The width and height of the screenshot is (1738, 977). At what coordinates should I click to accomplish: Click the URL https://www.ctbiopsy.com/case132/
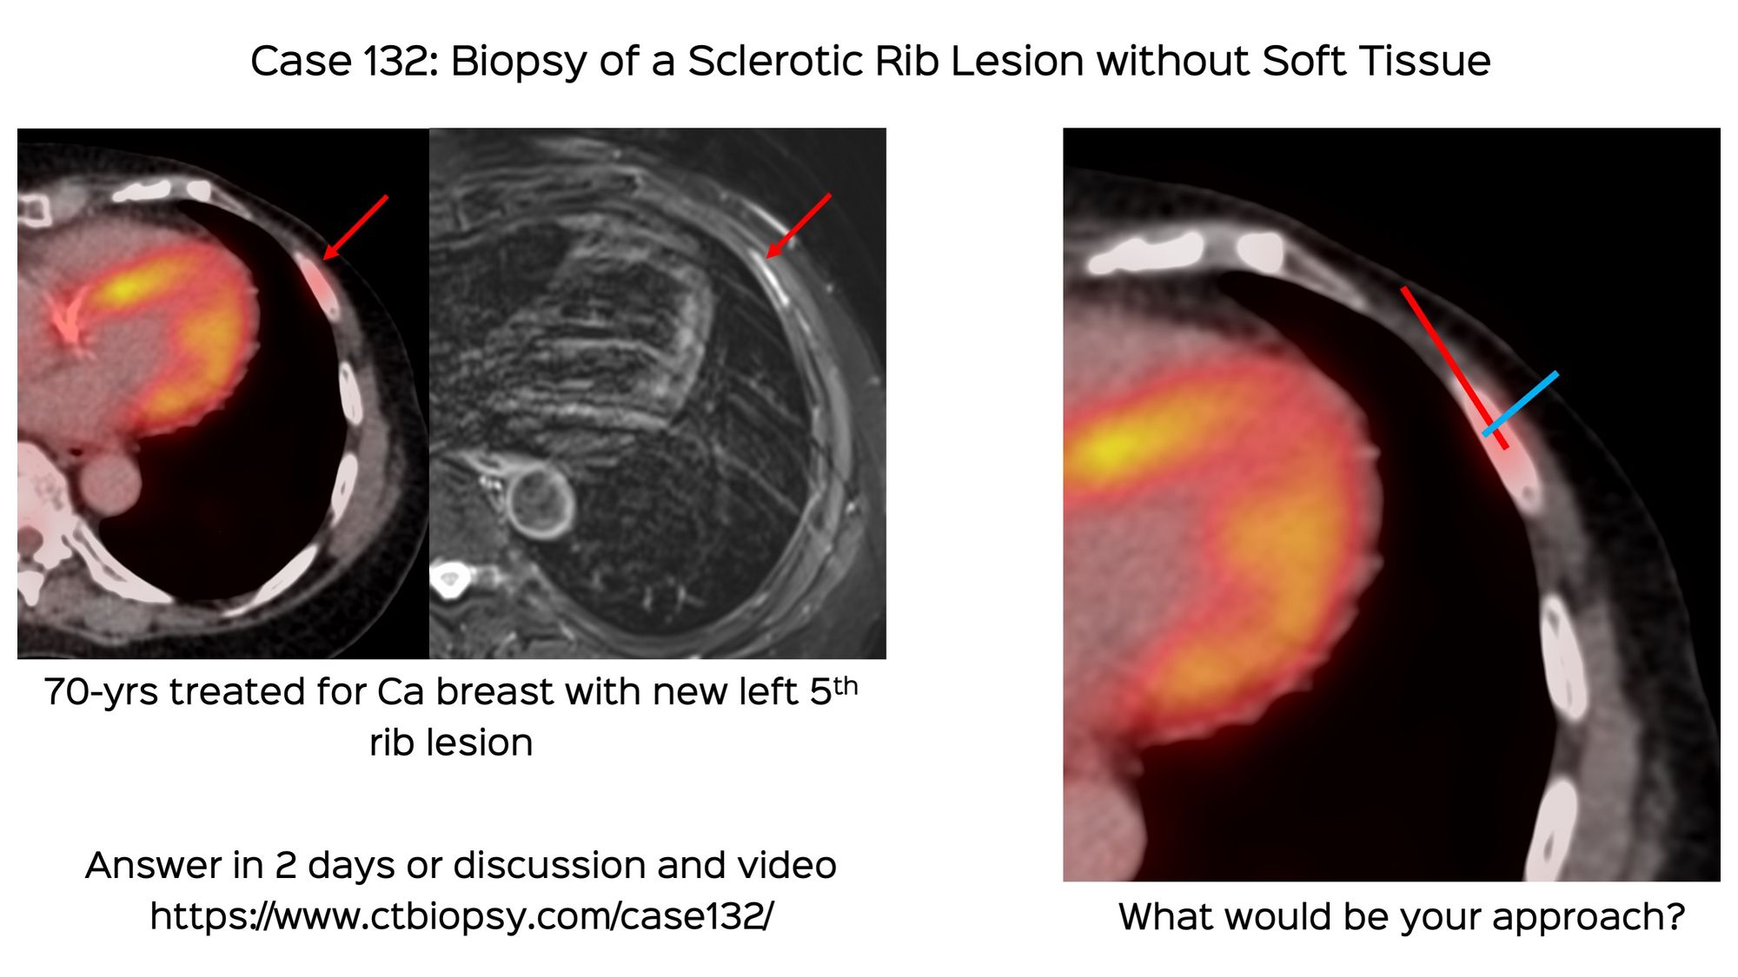(x=461, y=915)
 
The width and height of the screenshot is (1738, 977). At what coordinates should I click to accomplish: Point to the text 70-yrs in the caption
(x=100, y=692)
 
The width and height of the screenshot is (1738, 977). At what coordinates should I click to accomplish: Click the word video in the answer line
(x=786, y=865)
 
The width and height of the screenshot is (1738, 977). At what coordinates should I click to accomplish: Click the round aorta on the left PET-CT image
(x=109, y=484)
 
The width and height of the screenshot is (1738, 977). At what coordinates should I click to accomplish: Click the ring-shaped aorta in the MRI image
(x=540, y=501)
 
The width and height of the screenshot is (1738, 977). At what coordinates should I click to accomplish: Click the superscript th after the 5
(x=846, y=686)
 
